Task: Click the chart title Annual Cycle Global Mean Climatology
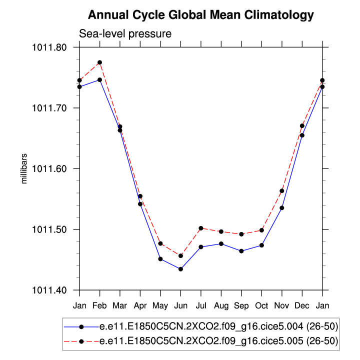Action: pyautogui.click(x=201, y=15)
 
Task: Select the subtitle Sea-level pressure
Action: pyautogui.click(x=125, y=34)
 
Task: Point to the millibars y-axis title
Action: pyautogui.click(x=23, y=168)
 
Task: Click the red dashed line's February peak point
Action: pyautogui.click(x=100, y=62)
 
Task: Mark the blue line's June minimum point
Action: pyautogui.click(x=180, y=269)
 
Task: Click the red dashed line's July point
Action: pyautogui.click(x=201, y=228)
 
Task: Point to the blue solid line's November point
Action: pyautogui.click(x=282, y=207)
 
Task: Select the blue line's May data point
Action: pyautogui.click(x=160, y=259)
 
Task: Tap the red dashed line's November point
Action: pyautogui.click(x=282, y=191)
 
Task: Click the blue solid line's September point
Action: pyautogui.click(x=241, y=251)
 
